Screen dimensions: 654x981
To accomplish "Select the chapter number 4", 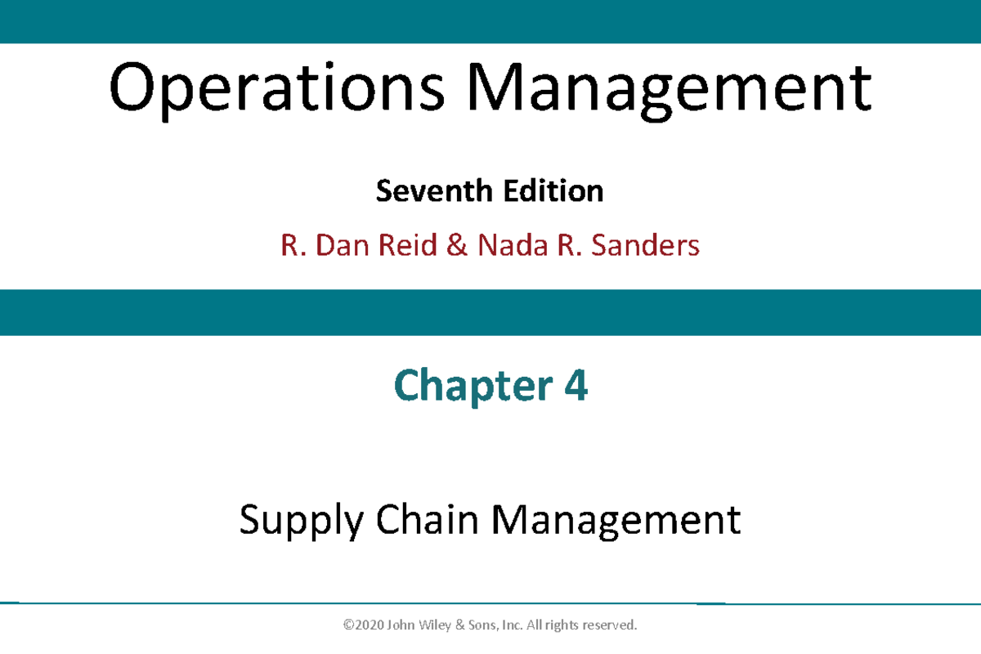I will tap(576, 386).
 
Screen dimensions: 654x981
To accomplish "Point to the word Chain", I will tap(428, 520).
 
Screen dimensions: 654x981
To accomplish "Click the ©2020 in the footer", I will tap(364, 625).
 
